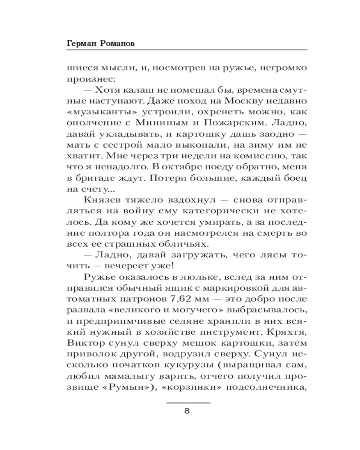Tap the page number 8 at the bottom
(x=188, y=411)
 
